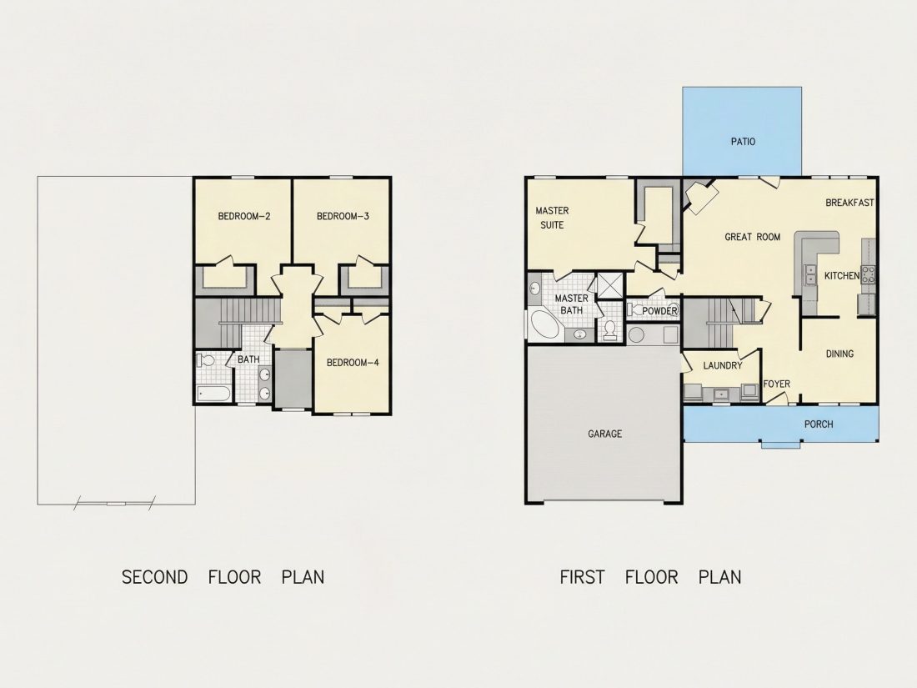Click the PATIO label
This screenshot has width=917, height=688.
pos(743,142)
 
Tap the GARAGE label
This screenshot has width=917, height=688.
pos(604,434)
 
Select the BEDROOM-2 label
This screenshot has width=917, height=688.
pos(244,217)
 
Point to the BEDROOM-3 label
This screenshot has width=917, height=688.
pos(343,217)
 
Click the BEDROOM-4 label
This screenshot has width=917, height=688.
pos(353,363)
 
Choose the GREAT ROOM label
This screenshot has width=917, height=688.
pos(752,237)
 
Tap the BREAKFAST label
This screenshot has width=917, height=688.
pos(849,203)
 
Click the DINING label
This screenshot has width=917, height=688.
pos(839,354)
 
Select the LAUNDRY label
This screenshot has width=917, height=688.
pos(722,365)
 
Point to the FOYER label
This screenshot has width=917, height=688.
pos(777,384)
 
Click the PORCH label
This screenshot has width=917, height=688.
pos(819,424)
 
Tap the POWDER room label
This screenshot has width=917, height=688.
pos(659,311)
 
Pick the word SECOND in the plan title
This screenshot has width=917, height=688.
pos(154,577)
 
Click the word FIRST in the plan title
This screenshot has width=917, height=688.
pos(582,577)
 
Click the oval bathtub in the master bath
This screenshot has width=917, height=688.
pos(546,326)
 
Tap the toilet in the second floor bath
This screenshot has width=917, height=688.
pos(205,359)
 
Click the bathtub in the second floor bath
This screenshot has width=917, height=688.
pos(214,393)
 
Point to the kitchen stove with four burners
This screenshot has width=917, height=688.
pos(868,274)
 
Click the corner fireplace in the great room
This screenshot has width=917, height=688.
pos(700,197)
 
